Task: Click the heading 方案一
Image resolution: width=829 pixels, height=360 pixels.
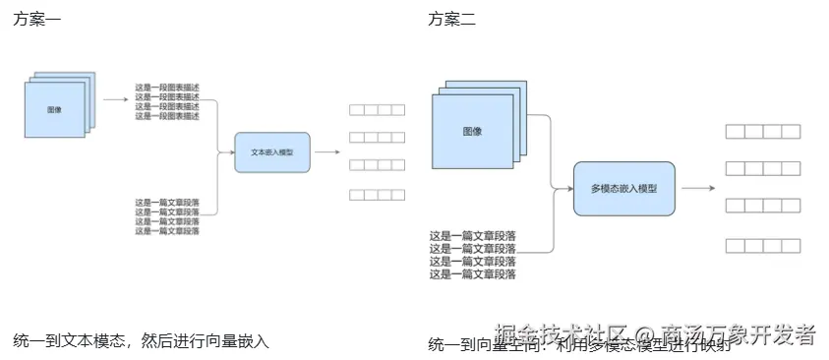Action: pyautogui.click(x=37, y=20)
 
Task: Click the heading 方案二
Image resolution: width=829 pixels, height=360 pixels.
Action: pyautogui.click(x=451, y=20)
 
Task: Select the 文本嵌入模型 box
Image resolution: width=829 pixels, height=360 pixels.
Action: pyautogui.click(x=271, y=152)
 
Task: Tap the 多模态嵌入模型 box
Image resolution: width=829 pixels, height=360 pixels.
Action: pyautogui.click(x=623, y=189)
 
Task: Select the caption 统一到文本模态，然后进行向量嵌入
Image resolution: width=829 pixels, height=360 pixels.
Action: pyautogui.click(x=141, y=341)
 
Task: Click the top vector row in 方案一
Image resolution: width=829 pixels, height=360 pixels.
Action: pyautogui.click(x=377, y=111)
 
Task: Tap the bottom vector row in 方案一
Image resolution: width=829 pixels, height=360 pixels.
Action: pyautogui.click(x=377, y=195)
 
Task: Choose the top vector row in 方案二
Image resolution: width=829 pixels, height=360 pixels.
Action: pyautogui.click(x=761, y=132)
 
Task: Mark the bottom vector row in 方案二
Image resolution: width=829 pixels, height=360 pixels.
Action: pyautogui.click(x=761, y=245)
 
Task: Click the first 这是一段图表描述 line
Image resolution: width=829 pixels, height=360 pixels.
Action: pyautogui.click(x=167, y=88)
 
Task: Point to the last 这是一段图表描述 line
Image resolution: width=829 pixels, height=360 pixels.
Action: pyautogui.click(x=167, y=116)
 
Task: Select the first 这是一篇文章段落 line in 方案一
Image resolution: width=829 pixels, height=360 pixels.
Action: pyautogui.click(x=167, y=203)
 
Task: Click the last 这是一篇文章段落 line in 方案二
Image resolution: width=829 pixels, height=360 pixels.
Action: pyautogui.click(x=473, y=274)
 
